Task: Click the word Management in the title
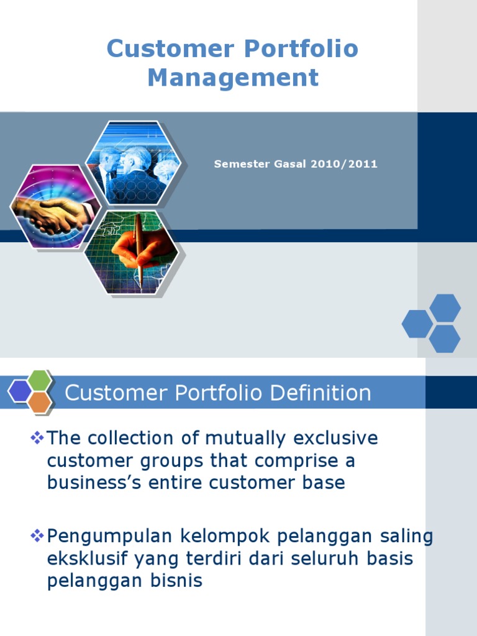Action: (233, 78)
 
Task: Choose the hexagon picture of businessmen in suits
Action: (134, 163)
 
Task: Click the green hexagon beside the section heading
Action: (40, 379)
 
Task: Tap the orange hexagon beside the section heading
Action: (40, 402)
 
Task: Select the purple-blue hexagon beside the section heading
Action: (20, 391)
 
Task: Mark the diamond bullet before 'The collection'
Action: (37, 438)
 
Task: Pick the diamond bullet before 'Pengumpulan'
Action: (37, 535)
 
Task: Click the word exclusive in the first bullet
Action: (338, 438)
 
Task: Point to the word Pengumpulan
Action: (105, 536)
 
